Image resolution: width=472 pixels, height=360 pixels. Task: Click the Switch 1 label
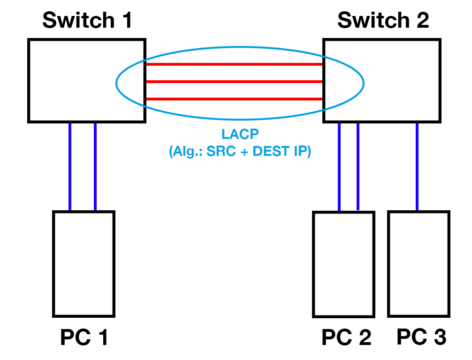coord(87,20)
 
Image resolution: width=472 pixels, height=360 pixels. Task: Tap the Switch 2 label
coord(383,20)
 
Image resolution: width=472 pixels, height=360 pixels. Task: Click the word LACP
coord(240,135)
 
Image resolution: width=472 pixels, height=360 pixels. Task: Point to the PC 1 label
coord(84,337)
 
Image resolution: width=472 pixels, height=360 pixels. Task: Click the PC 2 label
coord(346,337)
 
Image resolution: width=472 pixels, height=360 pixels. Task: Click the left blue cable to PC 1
coord(70,167)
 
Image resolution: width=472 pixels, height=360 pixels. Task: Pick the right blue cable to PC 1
coord(95,167)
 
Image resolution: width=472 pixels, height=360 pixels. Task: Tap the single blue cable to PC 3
coord(417,167)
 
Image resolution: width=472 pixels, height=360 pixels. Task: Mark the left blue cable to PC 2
coord(339,167)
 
